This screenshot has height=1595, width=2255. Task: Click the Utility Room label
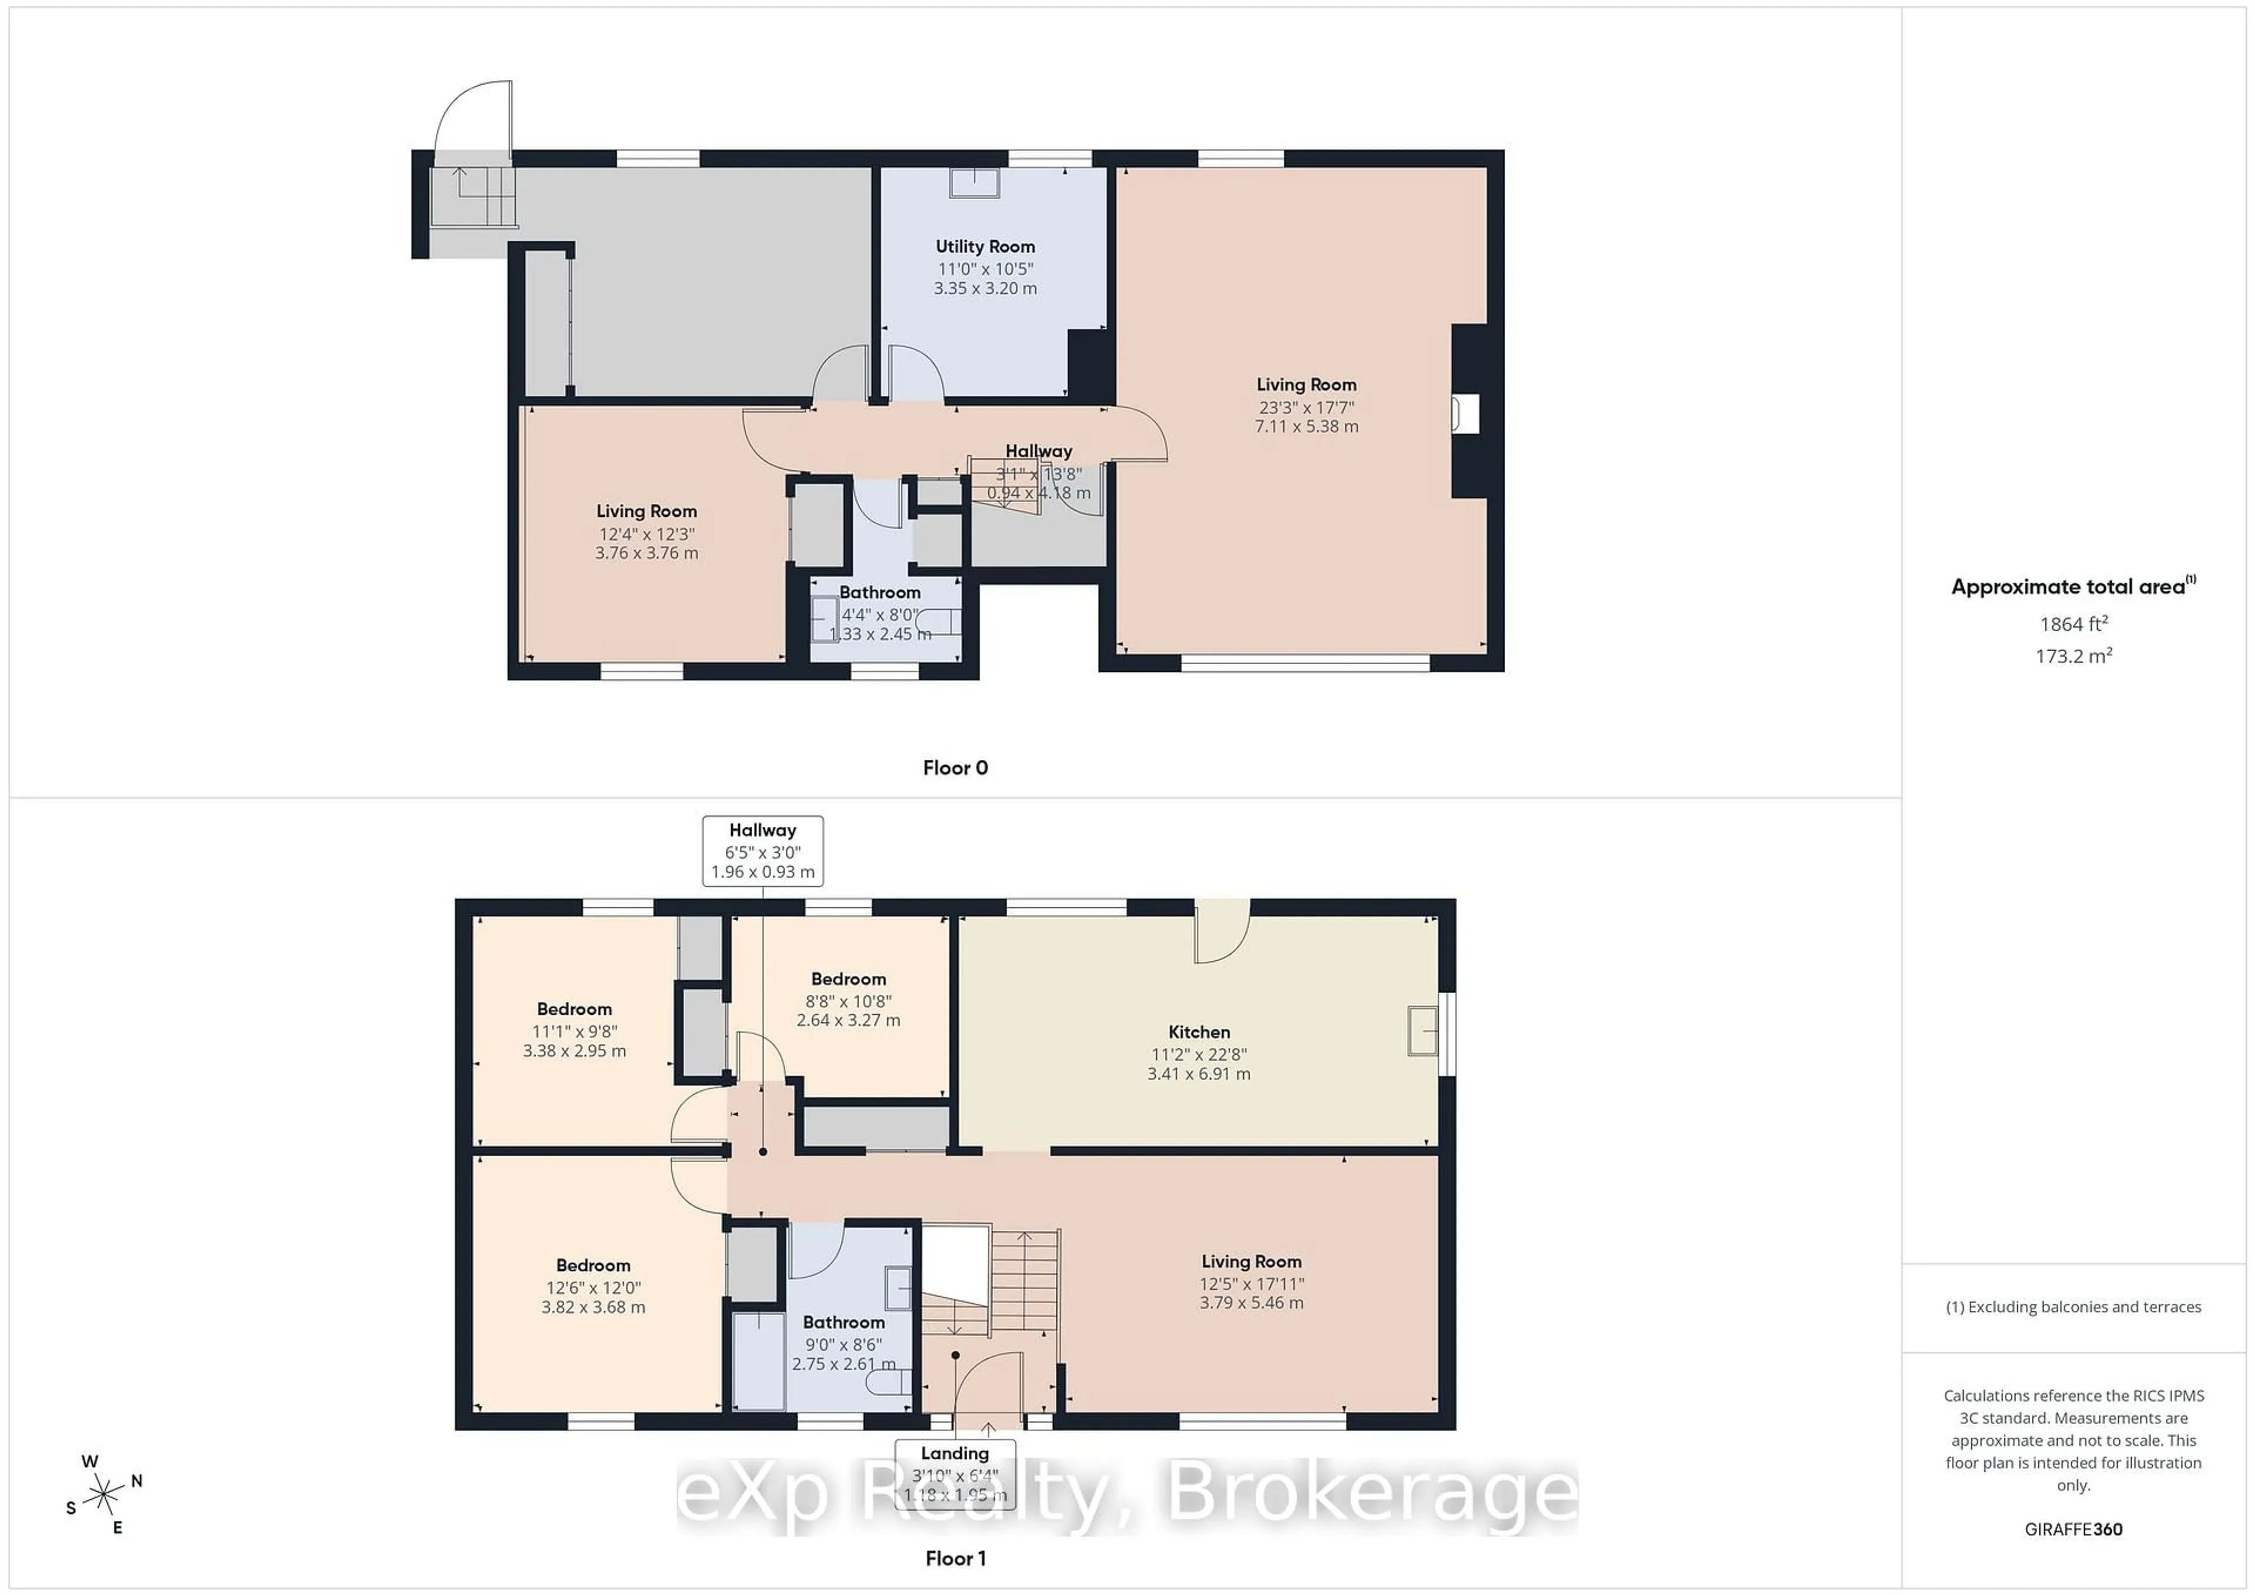(984, 247)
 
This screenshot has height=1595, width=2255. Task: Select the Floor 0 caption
(955, 768)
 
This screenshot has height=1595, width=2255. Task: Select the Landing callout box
(955, 1473)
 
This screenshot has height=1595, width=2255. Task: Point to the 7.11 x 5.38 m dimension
(1306, 426)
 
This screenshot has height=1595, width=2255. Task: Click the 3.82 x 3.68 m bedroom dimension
(593, 1307)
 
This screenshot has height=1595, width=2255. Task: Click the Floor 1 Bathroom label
(844, 1322)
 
